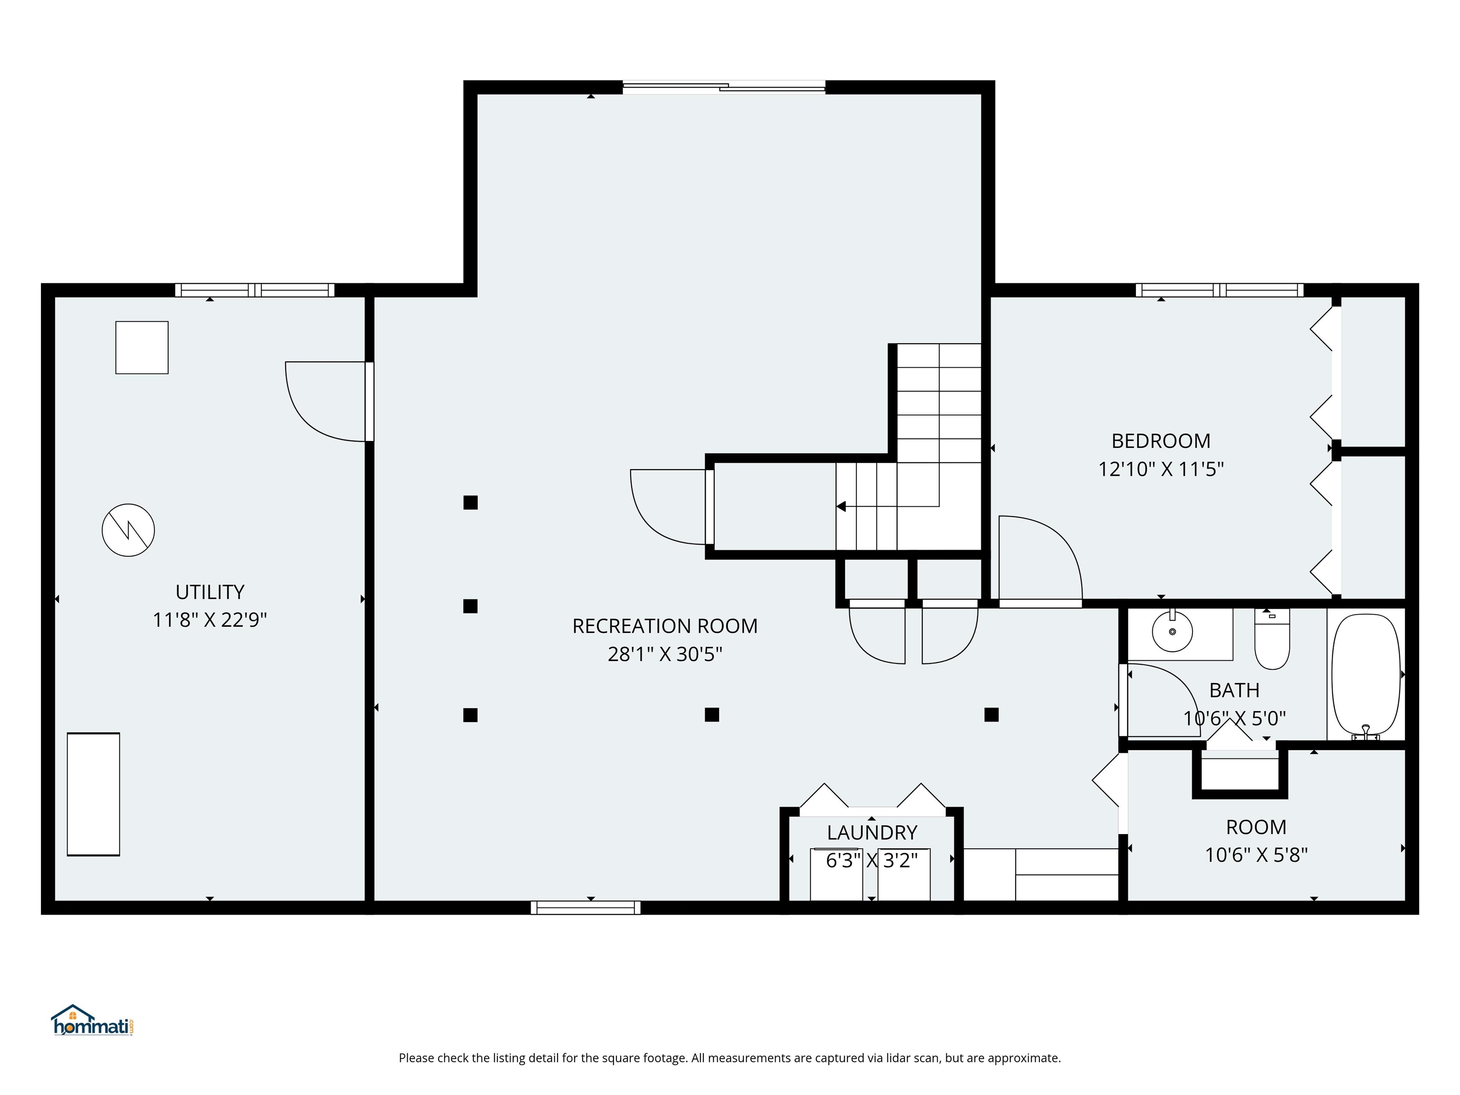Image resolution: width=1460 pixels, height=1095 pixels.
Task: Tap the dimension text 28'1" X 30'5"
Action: pos(665,654)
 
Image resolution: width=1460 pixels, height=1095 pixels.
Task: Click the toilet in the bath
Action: pos(1272,640)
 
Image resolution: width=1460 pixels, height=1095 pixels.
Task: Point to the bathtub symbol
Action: pos(1365,675)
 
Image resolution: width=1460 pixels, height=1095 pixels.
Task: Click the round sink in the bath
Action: pos(1172,632)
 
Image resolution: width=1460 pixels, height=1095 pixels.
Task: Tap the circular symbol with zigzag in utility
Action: pos(128,530)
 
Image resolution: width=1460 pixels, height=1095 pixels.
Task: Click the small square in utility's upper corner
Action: pos(142,348)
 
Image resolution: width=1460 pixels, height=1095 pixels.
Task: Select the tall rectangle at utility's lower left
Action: pos(93,794)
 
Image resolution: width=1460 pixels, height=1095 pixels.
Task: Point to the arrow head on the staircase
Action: pos(841,506)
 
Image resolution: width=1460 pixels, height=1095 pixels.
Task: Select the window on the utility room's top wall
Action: pos(255,290)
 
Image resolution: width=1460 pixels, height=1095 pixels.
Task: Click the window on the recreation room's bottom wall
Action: pos(586,908)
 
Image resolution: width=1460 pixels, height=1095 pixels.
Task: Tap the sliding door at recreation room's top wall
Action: pos(724,86)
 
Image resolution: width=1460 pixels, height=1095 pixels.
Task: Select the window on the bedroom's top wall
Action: pos(1219,290)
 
